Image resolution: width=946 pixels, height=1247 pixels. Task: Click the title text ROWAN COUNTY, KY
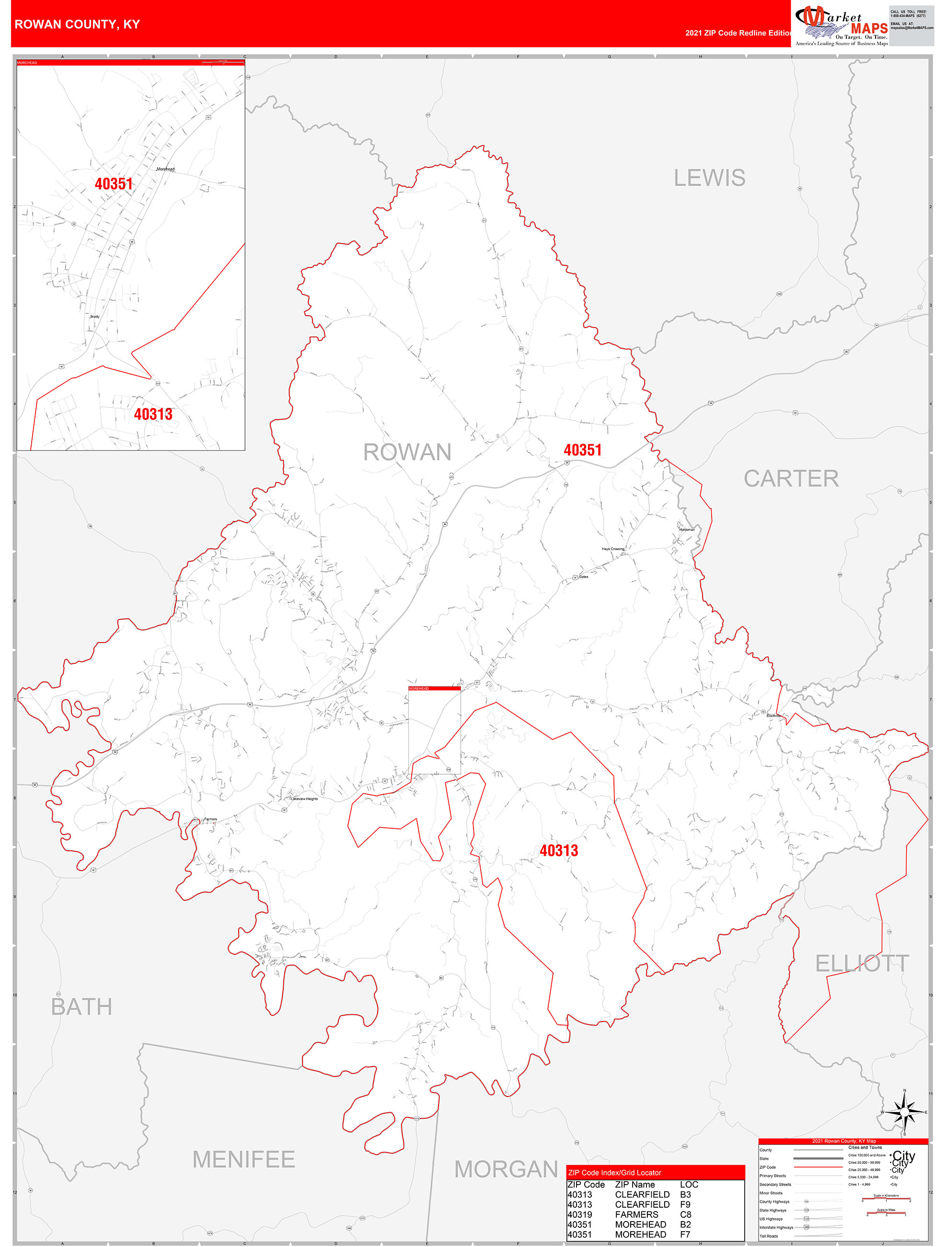[77, 24]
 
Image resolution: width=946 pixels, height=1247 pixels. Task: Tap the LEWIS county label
[709, 178]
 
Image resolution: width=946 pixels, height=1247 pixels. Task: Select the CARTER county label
[791, 479]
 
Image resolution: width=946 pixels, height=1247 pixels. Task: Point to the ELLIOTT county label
[862, 964]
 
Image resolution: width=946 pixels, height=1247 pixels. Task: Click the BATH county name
[81, 1007]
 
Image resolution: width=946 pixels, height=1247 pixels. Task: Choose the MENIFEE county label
[243, 1160]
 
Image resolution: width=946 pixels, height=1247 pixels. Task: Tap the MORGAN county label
[506, 1169]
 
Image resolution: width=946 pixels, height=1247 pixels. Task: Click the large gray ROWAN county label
[407, 452]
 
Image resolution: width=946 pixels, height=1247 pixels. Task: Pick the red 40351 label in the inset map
[114, 184]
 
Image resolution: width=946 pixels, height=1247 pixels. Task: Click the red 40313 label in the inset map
[153, 414]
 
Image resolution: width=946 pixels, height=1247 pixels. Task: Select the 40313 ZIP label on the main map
[558, 851]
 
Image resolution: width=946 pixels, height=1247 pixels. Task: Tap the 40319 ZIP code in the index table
[579, 1214]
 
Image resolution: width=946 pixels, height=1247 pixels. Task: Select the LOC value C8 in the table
[685, 1214]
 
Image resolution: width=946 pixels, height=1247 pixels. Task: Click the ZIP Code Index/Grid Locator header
[614, 1173]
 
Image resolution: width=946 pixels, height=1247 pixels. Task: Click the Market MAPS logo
[841, 25]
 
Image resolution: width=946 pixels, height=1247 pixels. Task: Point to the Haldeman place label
[687, 529]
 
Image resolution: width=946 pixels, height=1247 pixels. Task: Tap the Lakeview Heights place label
[304, 799]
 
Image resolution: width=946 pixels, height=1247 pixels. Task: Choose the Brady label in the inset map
[95, 317]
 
